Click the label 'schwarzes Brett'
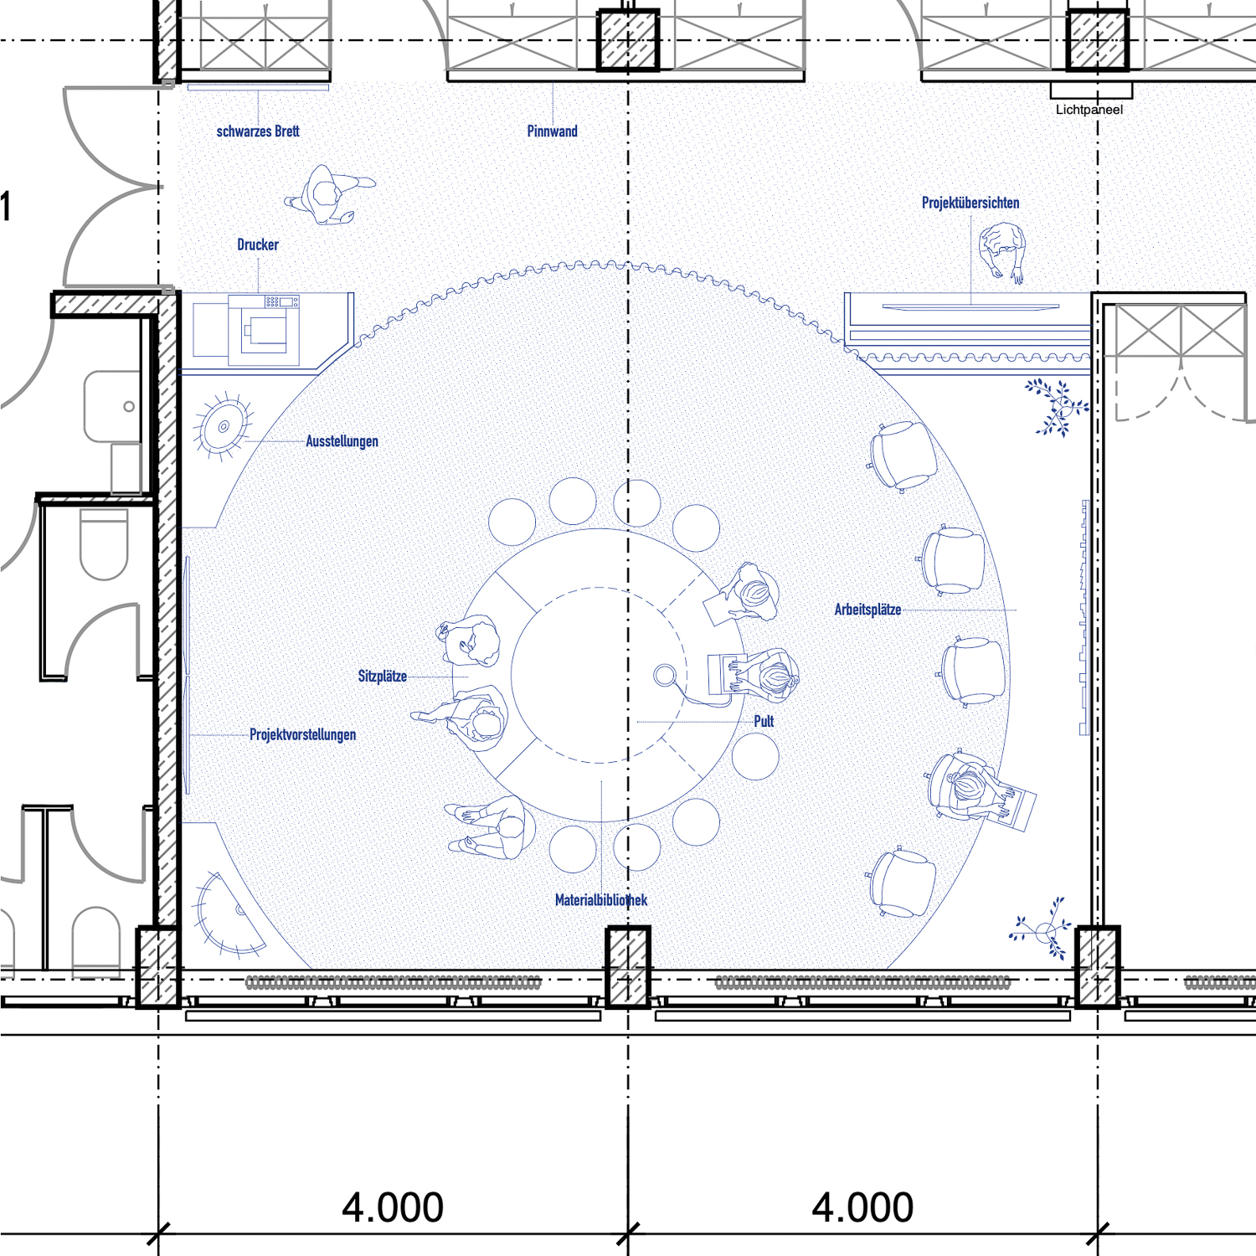point(258,131)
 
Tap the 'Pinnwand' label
point(553,131)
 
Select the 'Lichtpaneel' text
point(1089,110)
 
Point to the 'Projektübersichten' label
point(970,203)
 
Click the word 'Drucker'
point(258,245)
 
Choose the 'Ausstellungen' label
point(342,441)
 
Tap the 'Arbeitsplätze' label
point(867,610)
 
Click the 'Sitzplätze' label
point(383,676)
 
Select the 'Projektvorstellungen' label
point(302,734)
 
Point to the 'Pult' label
point(764,721)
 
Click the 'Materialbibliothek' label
point(601,900)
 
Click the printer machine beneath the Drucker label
point(264,329)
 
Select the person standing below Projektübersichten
point(1003,251)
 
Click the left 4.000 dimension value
point(393,1207)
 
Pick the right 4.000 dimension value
point(862,1207)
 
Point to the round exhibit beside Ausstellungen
point(223,426)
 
